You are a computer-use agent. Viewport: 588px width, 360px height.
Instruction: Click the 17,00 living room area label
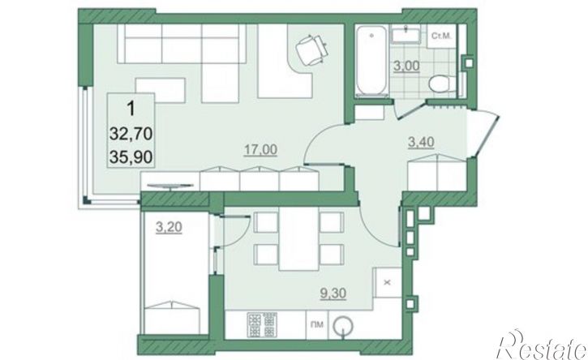click(x=261, y=150)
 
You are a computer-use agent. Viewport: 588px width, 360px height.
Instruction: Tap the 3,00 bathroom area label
click(x=406, y=66)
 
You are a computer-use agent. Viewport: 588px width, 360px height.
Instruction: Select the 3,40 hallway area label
click(x=421, y=142)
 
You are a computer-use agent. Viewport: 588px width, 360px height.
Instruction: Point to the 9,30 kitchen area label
click(x=333, y=294)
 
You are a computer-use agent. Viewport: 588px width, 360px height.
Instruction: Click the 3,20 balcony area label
click(x=169, y=227)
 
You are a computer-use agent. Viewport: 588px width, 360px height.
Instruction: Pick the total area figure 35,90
click(x=131, y=157)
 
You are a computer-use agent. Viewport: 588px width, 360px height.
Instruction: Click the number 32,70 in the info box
click(x=131, y=134)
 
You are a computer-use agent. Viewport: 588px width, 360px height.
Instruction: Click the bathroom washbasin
click(x=406, y=36)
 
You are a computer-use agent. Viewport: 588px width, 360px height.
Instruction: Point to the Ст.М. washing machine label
click(x=441, y=36)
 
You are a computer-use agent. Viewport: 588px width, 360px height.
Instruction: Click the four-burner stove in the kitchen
click(x=262, y=324)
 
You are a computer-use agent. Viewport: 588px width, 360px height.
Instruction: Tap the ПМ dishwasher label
click(x=317, y=325)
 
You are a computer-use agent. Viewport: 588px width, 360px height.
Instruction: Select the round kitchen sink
click(x=343, y=325)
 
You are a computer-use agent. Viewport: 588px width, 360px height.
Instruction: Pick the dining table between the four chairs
click(x=299, y=238)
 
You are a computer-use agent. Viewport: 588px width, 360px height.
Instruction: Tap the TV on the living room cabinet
click(x=170, y=185)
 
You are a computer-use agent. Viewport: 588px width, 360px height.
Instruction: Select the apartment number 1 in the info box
click(x=131, y=109)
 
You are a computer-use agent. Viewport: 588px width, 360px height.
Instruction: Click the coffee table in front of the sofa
click(x=161, y=90)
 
